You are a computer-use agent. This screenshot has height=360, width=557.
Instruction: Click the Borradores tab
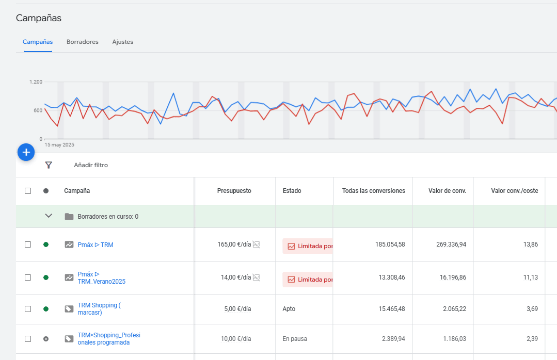pyautogui.click(x=82, y=42)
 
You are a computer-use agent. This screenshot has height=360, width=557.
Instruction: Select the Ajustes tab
pyautogui.click(x=122, y=42)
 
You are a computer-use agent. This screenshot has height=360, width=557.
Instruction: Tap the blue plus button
pyautogui.click(x=26, y=152)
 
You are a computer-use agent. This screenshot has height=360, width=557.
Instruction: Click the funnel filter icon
pyautogui.click(x=49, y=165)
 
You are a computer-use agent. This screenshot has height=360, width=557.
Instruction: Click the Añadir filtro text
pyautogui.click(x=91, y=165)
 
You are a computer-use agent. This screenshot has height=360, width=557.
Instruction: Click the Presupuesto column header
pyautogui.click(x=234, y=191)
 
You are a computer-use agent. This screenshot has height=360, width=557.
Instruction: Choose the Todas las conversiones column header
pyautogui.click(x=373, y=191)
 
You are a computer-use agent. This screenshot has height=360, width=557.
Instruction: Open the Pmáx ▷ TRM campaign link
pyautogui.click(x=96, y=245)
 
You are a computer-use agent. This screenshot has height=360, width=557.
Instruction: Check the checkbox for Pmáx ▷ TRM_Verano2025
pyautogui.click(x=28, y=277)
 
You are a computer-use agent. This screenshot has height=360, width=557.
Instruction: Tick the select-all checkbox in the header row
pyautogui.click(x=28, y=191)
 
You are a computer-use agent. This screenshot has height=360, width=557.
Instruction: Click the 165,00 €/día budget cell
pyautogui.click(x=234, y=244)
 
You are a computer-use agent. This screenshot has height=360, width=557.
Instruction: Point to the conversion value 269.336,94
pyautogui.click(x=447, y=244)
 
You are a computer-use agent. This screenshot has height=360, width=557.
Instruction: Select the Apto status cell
pyautogui.click(x=289, y=309)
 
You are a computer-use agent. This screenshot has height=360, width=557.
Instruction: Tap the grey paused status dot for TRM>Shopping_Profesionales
pyautogui.click(x=46, y=339)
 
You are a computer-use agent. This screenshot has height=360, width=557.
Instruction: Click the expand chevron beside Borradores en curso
pyautogui.click(x=49, y=216)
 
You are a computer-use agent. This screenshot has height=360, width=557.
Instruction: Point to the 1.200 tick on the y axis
pyautogui.click(x=36, y=82)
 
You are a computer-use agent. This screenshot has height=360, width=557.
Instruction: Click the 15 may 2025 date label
pyautogui.click(x=59, y=145)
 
